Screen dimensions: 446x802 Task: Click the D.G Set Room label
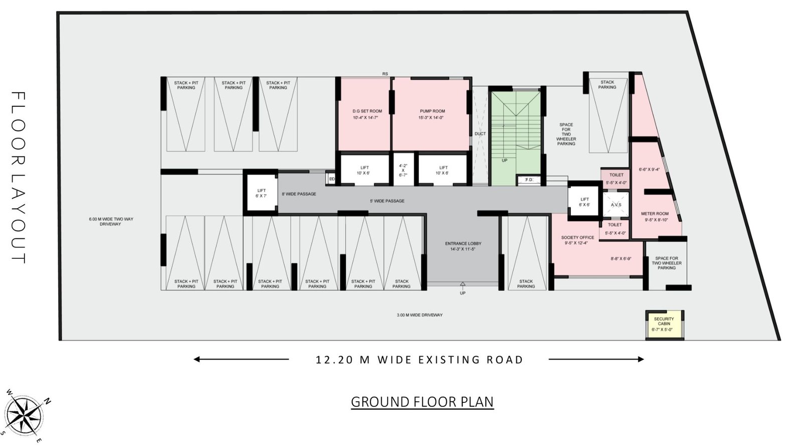(x=367, y=111)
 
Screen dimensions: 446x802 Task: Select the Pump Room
(x=432, y=114)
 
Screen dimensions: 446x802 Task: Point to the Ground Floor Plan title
(x=422, y=402)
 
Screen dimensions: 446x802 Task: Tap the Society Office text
(x=577, y=238)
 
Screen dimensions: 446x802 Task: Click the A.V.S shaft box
(x=616, y=205)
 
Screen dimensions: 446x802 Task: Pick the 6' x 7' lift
(x=261, y=193)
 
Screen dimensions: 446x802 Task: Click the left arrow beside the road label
(x=241, y=359)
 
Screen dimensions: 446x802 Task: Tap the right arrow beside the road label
(x=596, y=359)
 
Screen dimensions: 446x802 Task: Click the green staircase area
(x=516, y=135)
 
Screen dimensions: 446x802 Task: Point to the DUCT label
(x=480, y=134)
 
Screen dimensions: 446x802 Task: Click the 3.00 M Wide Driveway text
(x=420, y=315)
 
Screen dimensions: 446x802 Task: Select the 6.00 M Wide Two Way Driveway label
(x=111, y=221)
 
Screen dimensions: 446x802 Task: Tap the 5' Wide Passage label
(x=387, y=201)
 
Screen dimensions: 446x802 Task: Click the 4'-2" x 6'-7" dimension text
(x=403, y=170)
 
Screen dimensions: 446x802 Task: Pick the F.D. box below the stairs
(x=529, y=180)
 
